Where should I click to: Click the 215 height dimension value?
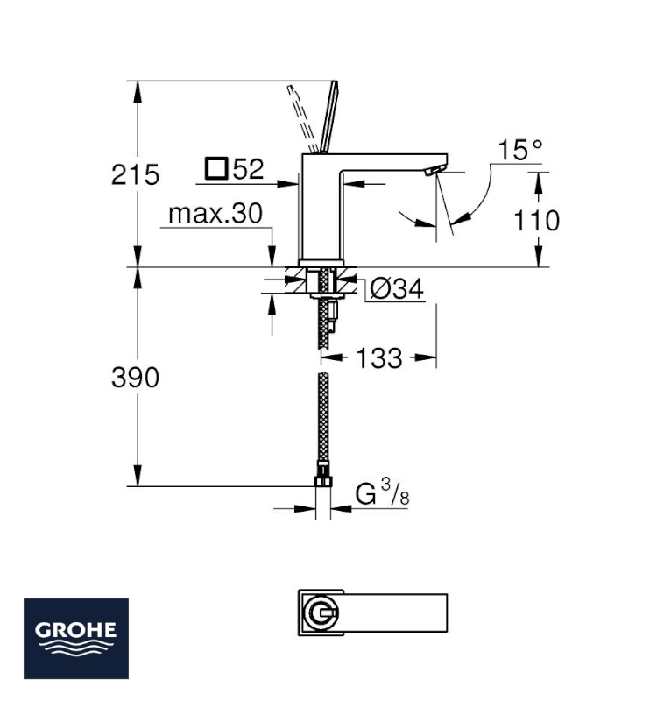click(x=135, y=174)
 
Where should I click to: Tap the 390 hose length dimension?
click(x=135, y=378)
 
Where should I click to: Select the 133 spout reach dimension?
click(x=379, y=358)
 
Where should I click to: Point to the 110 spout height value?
click(x=536, y=221)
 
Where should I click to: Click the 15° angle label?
click(x=520, y=150)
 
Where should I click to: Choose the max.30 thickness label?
click(x=215, y=214)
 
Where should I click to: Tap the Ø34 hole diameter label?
click(x=397, y=289)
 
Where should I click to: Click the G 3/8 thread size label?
click(x=383, y=492)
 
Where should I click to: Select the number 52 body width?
click(x=249, y=169)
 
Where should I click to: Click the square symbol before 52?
click(x=216, y=169)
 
